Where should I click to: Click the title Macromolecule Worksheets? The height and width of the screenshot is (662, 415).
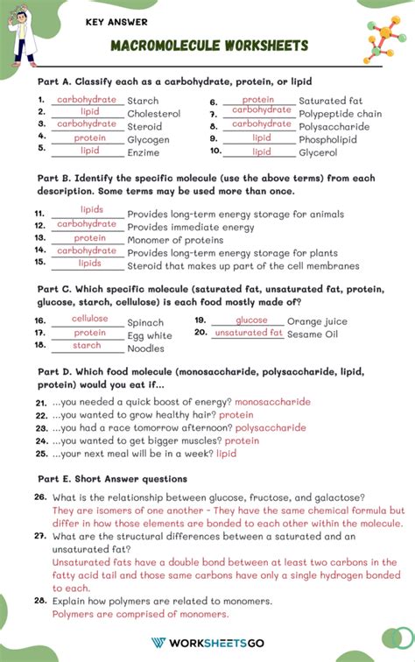209,45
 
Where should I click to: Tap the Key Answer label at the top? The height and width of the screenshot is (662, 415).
116,22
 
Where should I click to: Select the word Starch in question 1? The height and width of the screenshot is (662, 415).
143,102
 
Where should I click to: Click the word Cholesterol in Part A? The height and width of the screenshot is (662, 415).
153,114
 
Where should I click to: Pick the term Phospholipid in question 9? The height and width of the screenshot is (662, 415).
329,139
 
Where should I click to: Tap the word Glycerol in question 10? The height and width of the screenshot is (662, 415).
318,152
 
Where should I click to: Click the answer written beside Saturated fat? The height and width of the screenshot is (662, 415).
257,100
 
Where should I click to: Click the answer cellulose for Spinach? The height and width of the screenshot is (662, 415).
89,319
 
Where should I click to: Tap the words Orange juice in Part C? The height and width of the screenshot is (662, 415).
317,321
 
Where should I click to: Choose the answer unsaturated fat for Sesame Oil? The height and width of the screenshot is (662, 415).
249,333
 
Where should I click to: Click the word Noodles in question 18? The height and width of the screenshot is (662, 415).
145,349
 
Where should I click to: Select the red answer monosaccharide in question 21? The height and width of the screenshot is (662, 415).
272,402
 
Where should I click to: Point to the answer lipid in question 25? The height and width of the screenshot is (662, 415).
226,454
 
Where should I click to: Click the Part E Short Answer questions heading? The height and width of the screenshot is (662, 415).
112,479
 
